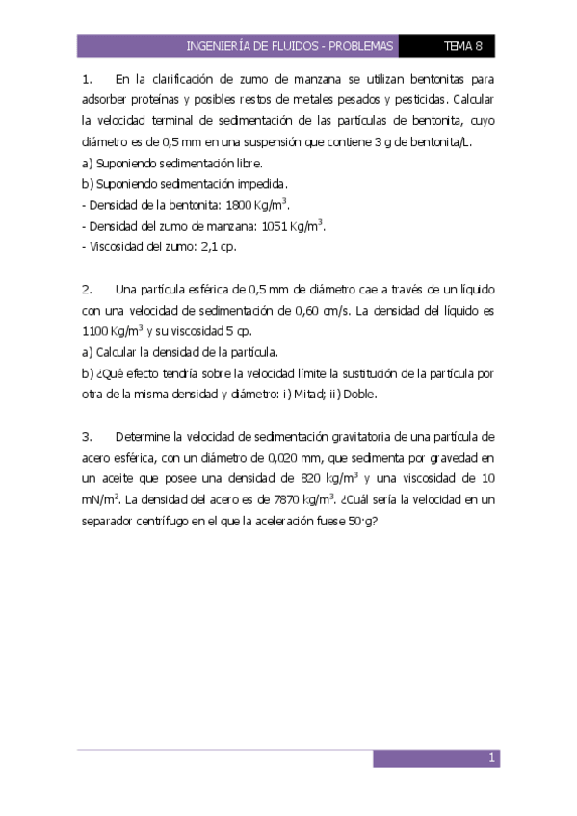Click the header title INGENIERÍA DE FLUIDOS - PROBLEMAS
(x=290, y=45)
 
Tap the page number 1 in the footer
(x=491, y=758)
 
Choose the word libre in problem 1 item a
(x=246, y=163)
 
